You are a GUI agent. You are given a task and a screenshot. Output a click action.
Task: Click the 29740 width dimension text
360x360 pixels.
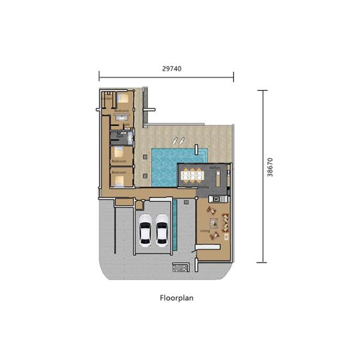coord(172,69)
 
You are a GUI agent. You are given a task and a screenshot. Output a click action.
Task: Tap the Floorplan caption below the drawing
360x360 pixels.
coord(176,297)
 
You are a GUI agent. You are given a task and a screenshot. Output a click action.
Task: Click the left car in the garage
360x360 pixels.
coord(145,230)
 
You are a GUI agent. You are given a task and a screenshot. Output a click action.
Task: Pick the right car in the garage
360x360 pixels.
coord(162,230)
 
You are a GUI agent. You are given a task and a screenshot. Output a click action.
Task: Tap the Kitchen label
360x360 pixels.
coord(215,167)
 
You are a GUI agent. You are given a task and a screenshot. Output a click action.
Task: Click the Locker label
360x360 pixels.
coord(109,98)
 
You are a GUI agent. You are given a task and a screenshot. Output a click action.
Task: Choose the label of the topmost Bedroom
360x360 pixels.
coord(122,110)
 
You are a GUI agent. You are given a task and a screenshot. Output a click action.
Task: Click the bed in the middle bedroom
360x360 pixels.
coord(119,152)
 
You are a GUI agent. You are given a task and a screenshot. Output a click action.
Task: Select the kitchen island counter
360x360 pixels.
coord(219,179)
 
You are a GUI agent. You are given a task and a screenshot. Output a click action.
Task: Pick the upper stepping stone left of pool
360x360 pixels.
coord(145,157)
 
